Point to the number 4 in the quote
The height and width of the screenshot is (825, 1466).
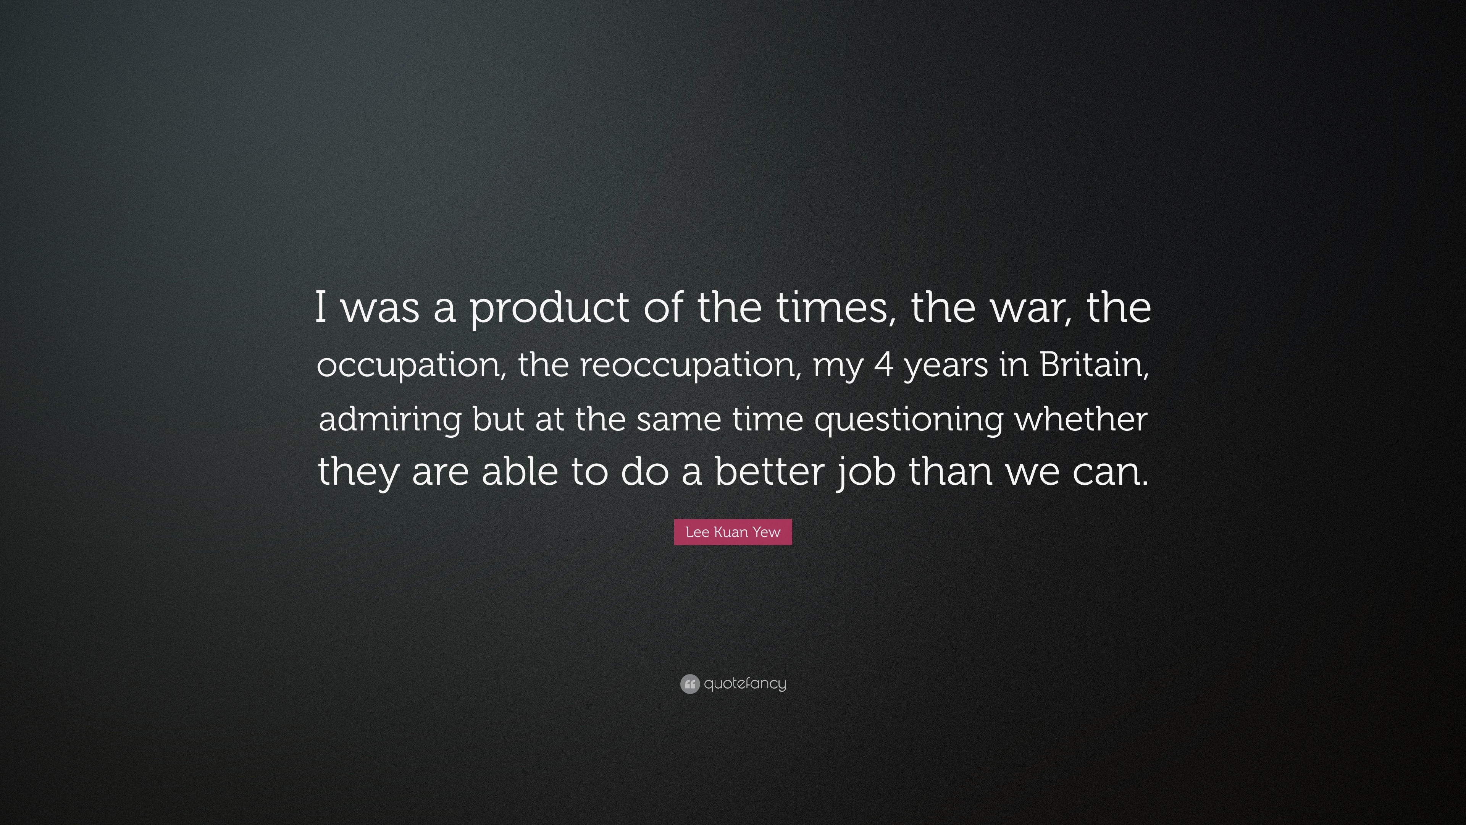(x=883, y=364)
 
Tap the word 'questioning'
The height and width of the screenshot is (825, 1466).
(x=909, y=420)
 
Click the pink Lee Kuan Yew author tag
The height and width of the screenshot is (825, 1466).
(x=733, y=532)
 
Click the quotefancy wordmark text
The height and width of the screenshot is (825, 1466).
(x=745, y=683)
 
